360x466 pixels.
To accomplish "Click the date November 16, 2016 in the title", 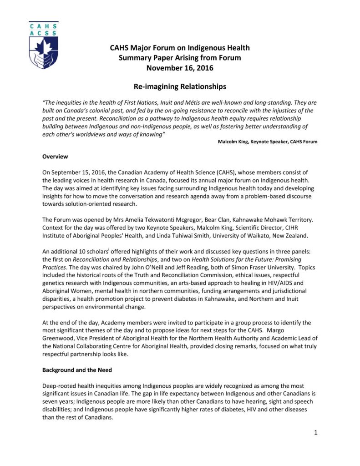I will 180,69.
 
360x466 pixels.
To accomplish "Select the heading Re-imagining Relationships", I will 180,86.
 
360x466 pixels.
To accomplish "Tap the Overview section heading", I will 55,157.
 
